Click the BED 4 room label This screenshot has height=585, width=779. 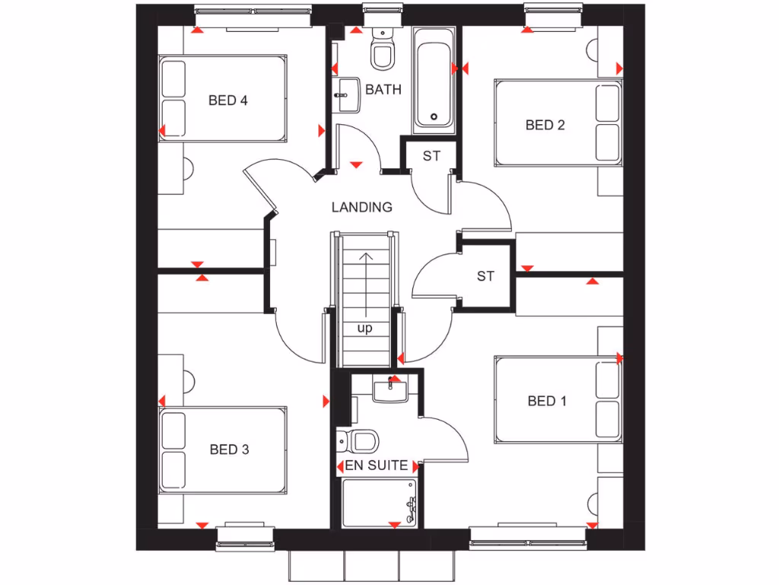click(x=228, y=100)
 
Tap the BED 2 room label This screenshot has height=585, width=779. click(x=545, y=125)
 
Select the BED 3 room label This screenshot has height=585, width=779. click(x=229, y=449)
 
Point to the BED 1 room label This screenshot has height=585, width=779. click(x=547, y=401)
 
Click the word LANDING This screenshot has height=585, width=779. click(x=362, y=206)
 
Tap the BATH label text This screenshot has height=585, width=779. click(x=383, y=89)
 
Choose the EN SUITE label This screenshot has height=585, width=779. click(x=377, y=465)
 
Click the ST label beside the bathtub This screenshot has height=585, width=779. click(x=431, y=156)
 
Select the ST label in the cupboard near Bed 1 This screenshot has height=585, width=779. click(x=485, y=276)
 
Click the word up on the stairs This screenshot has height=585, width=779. click(x=365, y=328)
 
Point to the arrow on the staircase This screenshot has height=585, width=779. click(x=365, y=282)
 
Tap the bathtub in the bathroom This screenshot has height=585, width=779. click(x=434, y=78)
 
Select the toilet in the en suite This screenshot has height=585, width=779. click(x=359, y=440)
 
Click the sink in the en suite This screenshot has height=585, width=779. click(x=391, y=390)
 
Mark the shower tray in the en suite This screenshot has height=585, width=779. click(x=380, y=502)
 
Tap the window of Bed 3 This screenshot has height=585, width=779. click(x=245, y=536)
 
